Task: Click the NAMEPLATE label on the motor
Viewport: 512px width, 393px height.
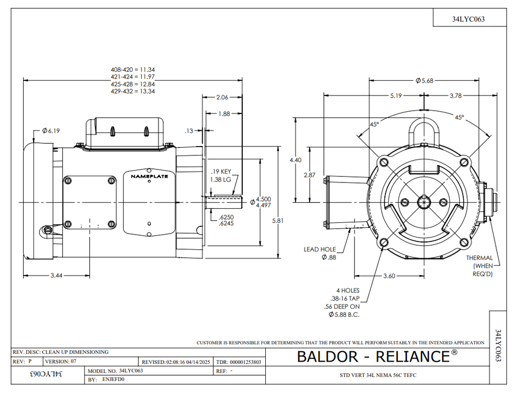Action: coord(149,176)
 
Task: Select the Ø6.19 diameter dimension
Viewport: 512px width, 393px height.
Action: coord(51,131)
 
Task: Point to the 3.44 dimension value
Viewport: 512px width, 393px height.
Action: coord(56,276)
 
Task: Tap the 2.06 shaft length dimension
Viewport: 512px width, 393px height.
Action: coord(222,97)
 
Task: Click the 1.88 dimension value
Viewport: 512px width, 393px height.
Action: coord(224,114)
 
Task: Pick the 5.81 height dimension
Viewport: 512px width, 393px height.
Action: coord(278,221)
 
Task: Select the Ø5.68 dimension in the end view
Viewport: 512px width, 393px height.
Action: coord(424,80)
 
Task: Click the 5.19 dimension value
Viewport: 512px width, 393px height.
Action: coord(396,95)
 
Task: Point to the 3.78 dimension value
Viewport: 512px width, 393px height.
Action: coord(455,95)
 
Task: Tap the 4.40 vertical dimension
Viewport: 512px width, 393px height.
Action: coord(296,160)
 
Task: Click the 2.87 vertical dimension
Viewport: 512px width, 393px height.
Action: coord(310,175)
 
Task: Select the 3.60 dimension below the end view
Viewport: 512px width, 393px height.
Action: coord(389,276)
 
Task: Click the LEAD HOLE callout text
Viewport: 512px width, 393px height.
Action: coord(320,249)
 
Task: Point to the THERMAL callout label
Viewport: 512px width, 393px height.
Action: coord(479,258)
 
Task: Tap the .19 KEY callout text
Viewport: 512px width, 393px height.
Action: coord(221,172)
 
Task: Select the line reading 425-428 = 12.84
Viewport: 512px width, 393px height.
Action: coord(133,84)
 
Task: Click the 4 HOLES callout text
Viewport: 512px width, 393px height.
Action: coord(348,290)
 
